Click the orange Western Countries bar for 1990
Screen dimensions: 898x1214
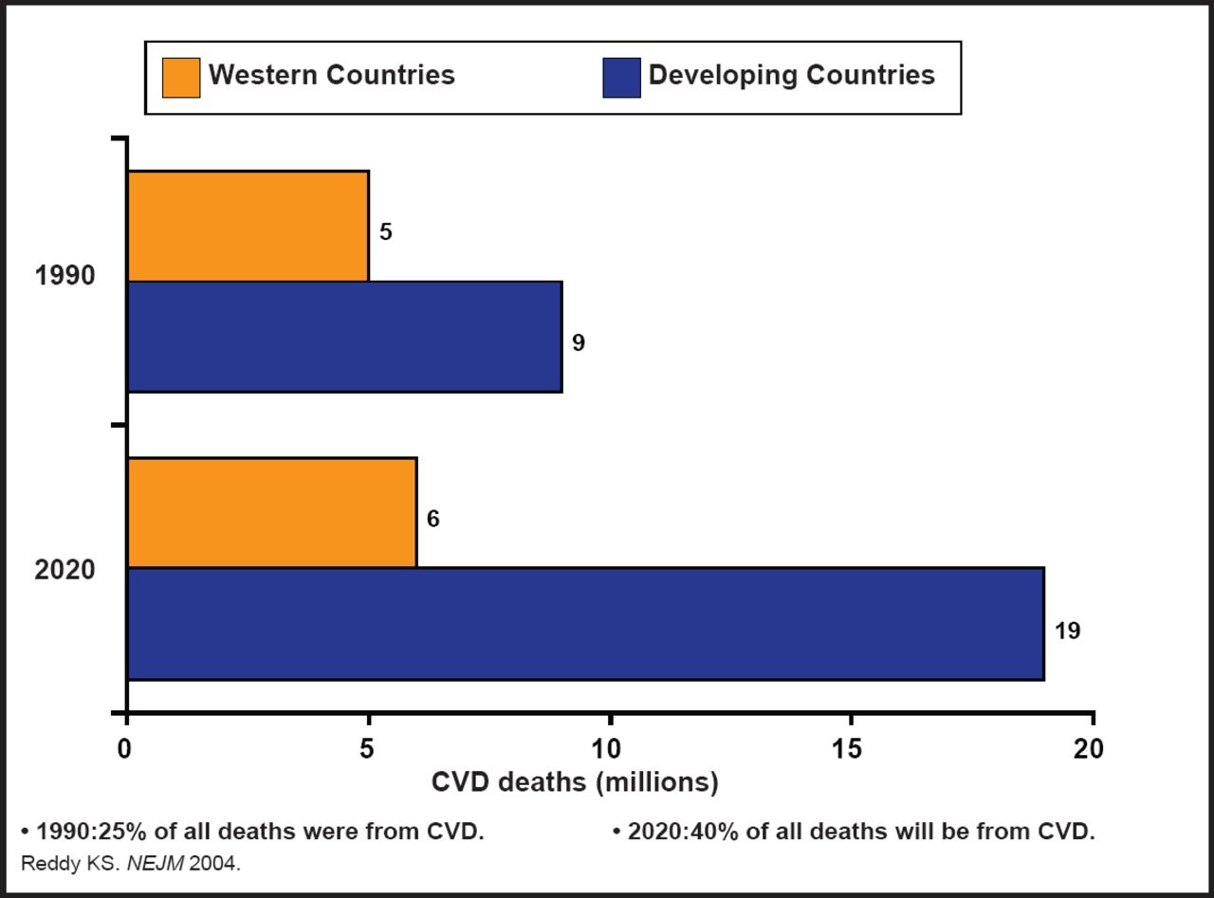click(248, 226)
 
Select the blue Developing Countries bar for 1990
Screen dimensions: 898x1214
click(344, 337)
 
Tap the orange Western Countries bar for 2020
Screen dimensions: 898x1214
click(271, 512)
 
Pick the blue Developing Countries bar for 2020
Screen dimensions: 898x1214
click(585, 624)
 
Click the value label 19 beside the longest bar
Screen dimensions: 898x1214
click(1067, 631)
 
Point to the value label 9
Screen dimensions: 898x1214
click(579, 343)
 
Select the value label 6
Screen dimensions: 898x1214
click(433, 519)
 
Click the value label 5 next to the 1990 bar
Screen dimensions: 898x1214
click(386, 232)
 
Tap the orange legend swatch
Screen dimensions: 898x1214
click(181, 77)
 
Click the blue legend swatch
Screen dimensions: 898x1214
click(621, 77)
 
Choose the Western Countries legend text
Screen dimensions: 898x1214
click(332, 76)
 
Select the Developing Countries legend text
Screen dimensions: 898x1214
click(791, 76)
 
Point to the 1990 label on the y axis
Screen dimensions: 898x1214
click(65, 277)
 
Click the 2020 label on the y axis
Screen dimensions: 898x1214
click(65, 571)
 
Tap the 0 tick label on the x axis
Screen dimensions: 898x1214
click(126, 749)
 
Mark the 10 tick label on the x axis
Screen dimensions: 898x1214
click(608, 749)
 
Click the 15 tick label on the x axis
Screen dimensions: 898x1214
click(849, 749)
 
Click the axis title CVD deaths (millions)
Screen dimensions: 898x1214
click(575, 783)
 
